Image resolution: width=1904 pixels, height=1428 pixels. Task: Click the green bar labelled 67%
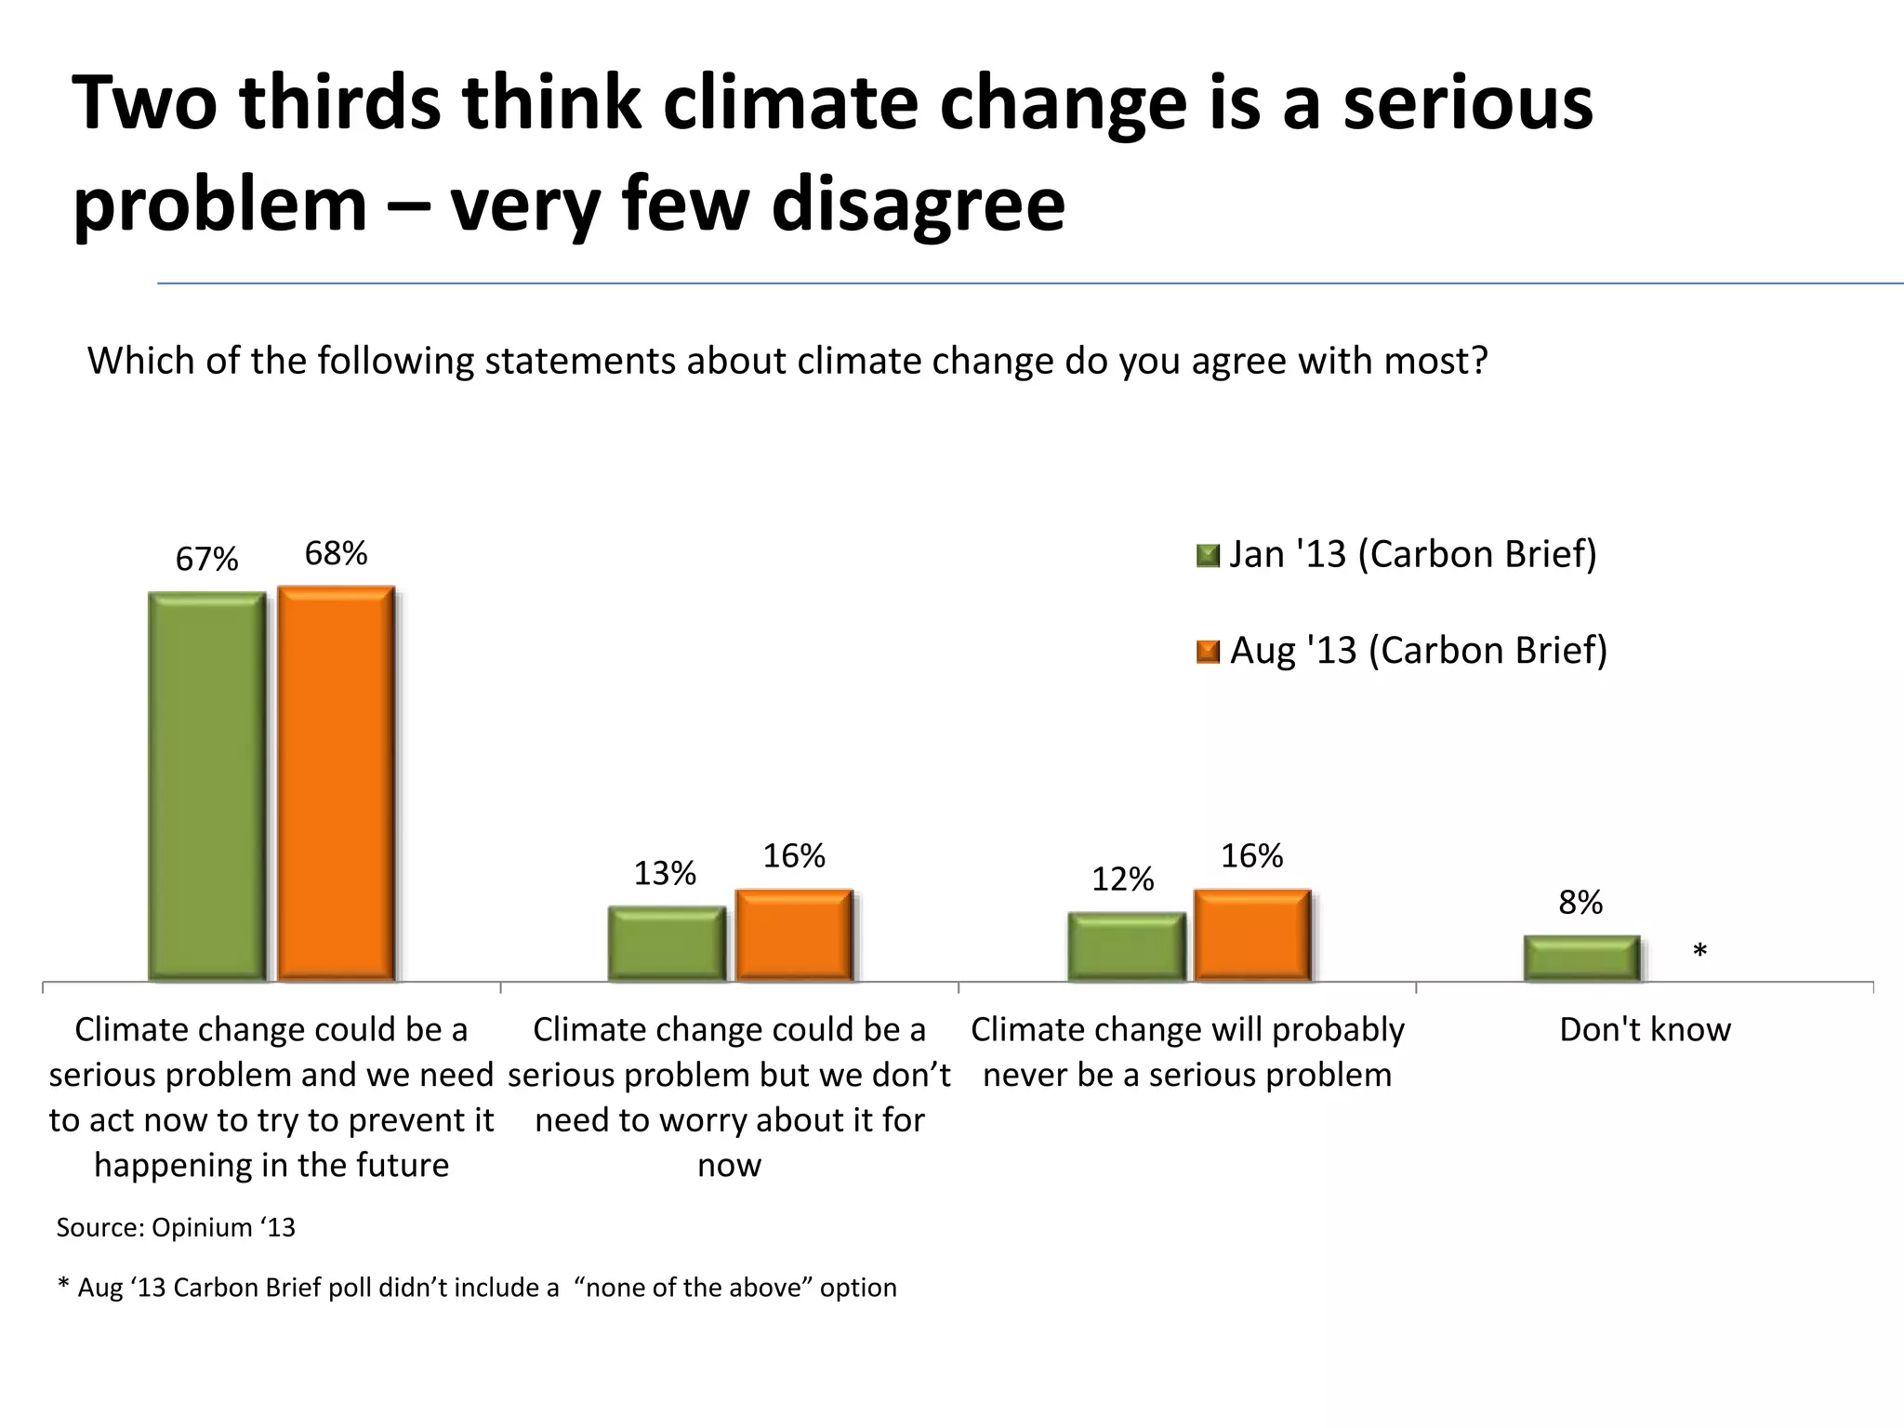point(206,787)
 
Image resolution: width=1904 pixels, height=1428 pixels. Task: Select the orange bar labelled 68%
point(336,784)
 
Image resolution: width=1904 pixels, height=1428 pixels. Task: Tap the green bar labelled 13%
point(666,944)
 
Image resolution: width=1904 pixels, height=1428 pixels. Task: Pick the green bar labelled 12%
point(1125,946)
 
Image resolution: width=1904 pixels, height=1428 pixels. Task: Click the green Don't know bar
point(1580,959)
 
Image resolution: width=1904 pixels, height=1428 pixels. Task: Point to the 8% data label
point(1580,903)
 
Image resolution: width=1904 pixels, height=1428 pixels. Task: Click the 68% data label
point(336,554)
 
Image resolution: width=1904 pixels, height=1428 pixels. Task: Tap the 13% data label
point(665,874)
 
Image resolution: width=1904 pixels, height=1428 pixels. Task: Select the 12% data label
point(1122,879)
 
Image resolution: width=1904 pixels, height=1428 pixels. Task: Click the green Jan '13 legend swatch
point(1207,556)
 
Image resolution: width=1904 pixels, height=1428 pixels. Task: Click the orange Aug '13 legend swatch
point(1207,652)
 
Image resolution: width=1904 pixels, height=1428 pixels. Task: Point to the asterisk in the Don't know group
point(1699,951)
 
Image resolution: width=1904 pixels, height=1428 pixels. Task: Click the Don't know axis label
point(1645,1030)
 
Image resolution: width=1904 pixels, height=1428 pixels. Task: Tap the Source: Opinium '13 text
point(176,1228)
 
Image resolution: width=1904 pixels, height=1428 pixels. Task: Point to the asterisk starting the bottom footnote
point(63,1286)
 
